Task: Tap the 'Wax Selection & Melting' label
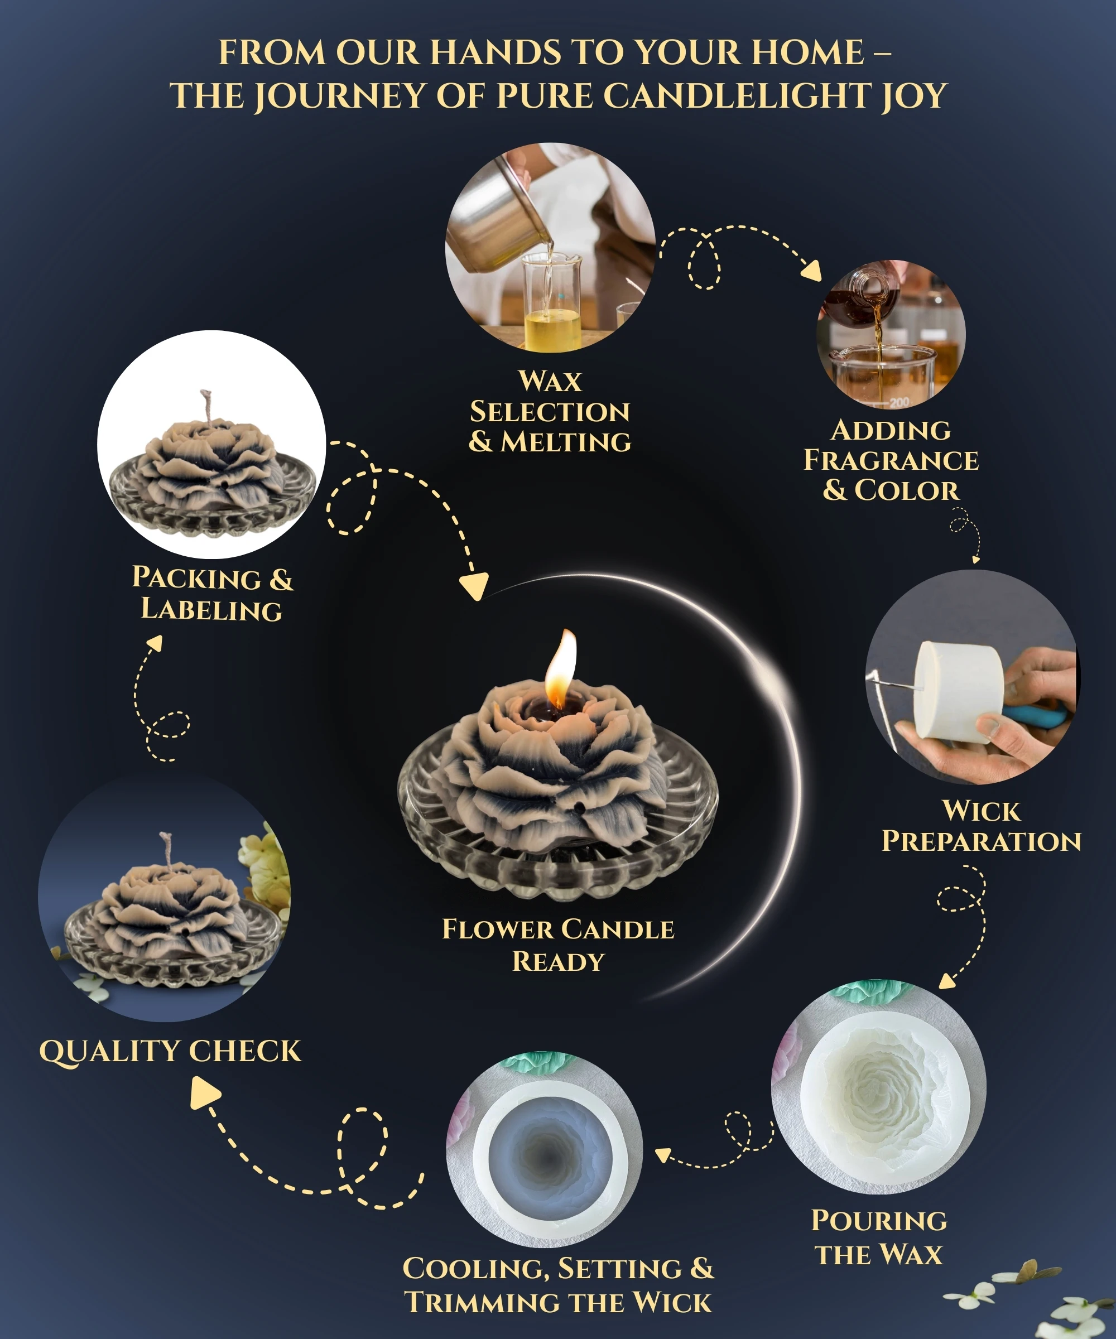tap(550, 411)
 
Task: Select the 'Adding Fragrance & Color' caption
tap(891, 460)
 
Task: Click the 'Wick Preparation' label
tap(981, 826)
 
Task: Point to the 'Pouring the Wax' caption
tap(879, 1237)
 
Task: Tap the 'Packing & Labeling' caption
tap(213, 593)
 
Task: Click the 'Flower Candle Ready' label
tap(558, 945)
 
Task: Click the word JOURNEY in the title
tap(340, 97)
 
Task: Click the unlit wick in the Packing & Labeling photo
tap(206, 406)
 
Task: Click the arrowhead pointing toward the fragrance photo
tap(812, 271)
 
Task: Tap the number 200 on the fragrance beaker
tap(899, 402)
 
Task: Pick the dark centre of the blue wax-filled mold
tap(546, 1155)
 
